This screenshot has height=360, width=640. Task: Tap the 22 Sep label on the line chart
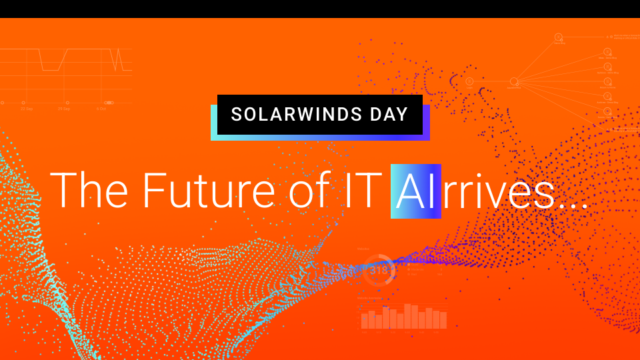click(x=27, y=108)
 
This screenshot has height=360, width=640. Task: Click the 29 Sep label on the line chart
click(x=63, y=108)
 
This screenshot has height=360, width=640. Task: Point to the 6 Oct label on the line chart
click(x=101, y=108)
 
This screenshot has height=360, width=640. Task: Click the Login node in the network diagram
click(x=469, y=82)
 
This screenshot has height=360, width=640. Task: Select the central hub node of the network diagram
click(x=514, y=82)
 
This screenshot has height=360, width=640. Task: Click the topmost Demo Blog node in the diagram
click(x=559, y=37)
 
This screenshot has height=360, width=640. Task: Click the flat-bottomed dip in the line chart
click(x=51, y=69)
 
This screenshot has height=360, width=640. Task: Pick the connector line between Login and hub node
click(x=491, y=82)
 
